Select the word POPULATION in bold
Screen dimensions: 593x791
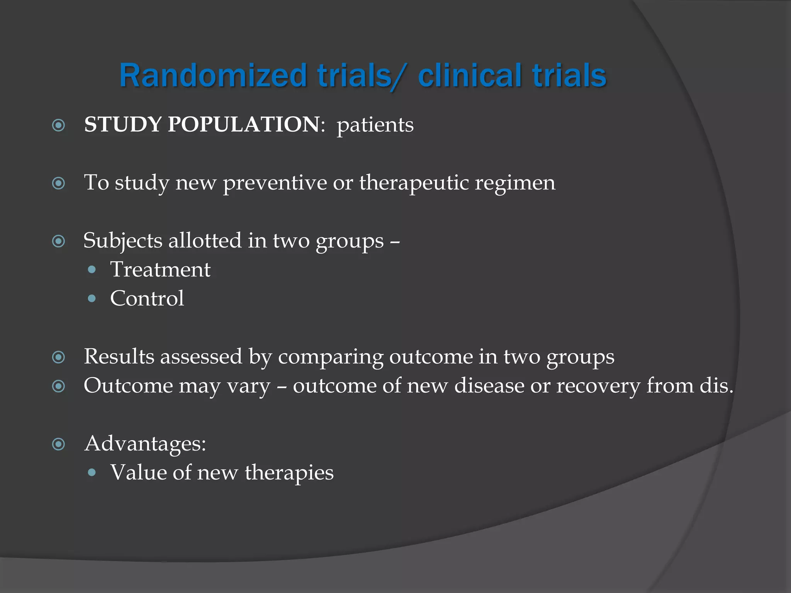point(244,124)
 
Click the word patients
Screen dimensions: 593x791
point(375,125)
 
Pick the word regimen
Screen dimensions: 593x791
point(515,183)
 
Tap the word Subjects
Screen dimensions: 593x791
point(122,241)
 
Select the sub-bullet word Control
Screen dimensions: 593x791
point(147,298)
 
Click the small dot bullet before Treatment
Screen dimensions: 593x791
point(92,269)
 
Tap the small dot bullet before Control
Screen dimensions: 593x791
point(92,298)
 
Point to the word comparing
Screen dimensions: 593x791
point(330,357)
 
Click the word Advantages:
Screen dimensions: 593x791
point(145,443)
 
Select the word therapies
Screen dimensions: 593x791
point(289,473)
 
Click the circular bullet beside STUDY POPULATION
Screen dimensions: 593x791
point(58,125)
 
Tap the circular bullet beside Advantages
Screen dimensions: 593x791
point(58,444)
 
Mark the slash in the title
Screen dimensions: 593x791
point(399,76)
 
